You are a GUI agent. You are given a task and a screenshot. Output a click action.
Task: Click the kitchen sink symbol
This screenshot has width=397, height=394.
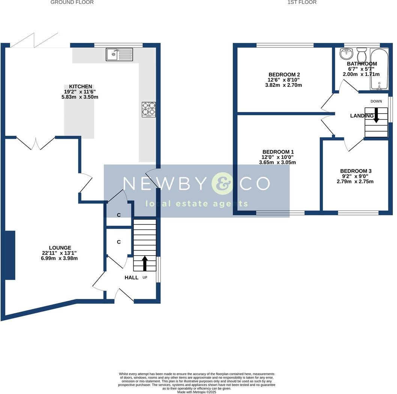click(119, 55)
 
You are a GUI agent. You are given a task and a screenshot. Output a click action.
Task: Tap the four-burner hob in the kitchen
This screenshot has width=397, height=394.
click(149, 109)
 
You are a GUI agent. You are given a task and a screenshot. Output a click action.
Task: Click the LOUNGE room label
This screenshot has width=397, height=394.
click(62, 248)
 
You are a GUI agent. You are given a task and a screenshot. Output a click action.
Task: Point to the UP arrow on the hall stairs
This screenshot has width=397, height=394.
click(144, 264)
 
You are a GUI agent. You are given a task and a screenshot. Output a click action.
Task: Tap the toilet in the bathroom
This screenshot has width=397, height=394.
click(362, 56)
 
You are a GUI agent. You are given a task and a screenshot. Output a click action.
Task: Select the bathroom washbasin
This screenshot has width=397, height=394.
click(345, 54)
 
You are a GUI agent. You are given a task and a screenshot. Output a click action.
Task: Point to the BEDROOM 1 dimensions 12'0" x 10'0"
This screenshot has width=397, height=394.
click(277, 158)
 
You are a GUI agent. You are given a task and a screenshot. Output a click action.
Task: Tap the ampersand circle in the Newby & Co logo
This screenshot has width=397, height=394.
click(222, 183)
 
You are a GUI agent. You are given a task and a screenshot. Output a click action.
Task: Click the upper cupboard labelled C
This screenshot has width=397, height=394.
click(119, 215)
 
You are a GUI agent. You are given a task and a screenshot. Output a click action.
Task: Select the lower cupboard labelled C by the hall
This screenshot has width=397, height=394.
click(119, 242)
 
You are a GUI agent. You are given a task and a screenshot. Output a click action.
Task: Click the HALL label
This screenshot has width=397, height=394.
click(131, 277)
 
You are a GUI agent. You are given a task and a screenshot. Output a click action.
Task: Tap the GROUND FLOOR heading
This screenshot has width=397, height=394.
click(72, 2)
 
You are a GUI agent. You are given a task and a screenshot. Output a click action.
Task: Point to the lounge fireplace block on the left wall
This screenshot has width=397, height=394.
click(10, 255)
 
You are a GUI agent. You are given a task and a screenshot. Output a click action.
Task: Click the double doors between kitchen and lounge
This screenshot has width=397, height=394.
click(36, 143)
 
